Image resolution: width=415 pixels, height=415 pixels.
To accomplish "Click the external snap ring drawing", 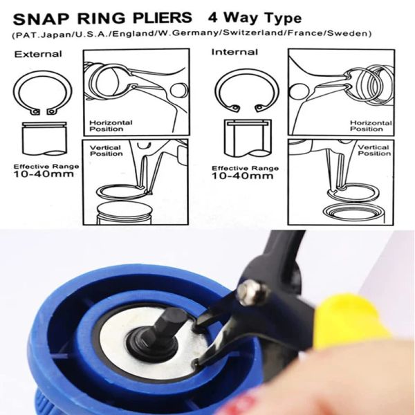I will [x=41, y=95].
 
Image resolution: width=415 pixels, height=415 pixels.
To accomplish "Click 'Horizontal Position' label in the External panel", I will [x=111, y=126].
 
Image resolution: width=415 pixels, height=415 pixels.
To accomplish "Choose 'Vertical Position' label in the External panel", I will [x=104, y=149].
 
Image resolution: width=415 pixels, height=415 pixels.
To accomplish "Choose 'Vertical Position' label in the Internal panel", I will [x=373, y=150].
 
